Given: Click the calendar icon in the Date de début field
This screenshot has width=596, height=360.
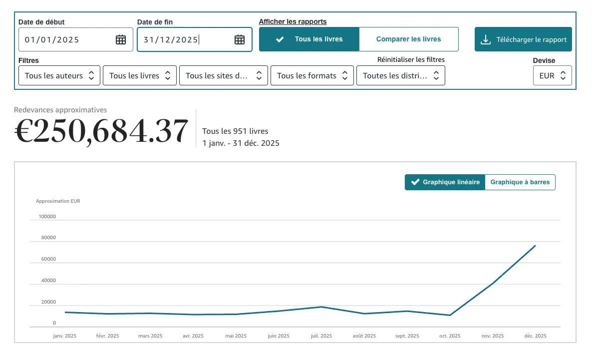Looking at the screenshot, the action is click(x=120, y=39).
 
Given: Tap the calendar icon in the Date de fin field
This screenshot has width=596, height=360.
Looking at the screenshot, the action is click(x=240, y=39).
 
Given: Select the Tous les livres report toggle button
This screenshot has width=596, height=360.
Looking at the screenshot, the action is click(x=309, y=39).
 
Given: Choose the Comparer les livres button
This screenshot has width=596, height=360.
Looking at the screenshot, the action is click(x=409, y=39).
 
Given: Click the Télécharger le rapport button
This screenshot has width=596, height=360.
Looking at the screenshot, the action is click(x=523, y=39).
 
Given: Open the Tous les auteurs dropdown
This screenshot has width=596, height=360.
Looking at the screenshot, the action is click(x=59, y=76).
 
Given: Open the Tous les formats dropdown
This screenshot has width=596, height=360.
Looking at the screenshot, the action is click(x=312, y=76).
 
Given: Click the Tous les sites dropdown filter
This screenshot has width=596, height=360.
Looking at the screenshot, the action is click(x=224, y=76).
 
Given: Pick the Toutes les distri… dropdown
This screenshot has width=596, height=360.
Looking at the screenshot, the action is click(x=401, y=76).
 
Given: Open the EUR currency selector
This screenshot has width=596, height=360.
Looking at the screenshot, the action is click(x=552, y=76).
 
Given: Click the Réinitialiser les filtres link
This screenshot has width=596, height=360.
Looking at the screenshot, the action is click(x=411, y=60).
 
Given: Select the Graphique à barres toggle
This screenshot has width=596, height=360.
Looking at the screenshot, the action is click(x=520, y=182).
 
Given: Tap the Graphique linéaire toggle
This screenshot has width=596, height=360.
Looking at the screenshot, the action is click(x=445, y=182).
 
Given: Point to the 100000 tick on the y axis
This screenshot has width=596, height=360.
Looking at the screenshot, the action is click(x=47, y=217).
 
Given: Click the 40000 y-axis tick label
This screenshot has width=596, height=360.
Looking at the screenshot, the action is click(x=48, y=281).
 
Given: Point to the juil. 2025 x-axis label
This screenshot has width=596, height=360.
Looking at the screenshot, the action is click(x=321, y=336).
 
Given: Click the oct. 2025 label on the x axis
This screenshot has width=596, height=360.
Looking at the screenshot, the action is click(x=450, y=336).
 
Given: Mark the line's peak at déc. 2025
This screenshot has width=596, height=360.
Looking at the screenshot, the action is click(x=535, y=246).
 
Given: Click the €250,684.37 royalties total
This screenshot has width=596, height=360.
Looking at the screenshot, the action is click(x=101, y=131).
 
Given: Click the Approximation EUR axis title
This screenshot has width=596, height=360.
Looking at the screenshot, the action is click(x=58, y=201).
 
